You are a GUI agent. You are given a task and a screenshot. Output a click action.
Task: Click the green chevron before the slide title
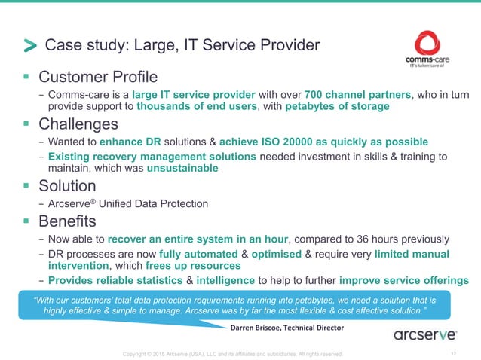[29, 47]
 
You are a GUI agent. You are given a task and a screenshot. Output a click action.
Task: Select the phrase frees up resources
[194, 266]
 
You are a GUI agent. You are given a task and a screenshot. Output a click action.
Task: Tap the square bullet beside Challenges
[27, 123]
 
